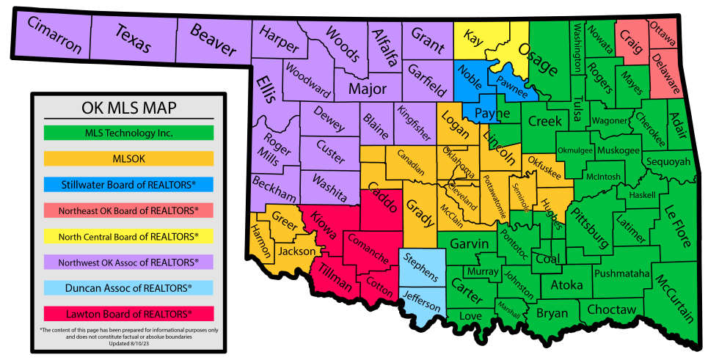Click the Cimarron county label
(55, 35)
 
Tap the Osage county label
(538, 59)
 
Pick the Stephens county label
(421, 268)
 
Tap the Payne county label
(487, 114)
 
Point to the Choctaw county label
(612, 309)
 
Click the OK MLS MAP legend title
(128, 109)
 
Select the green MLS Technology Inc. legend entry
(128, 133)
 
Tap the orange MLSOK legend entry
(128, 158)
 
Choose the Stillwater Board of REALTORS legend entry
(128, 184)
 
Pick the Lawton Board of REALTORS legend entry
(128, 314)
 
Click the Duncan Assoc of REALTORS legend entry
(128, 287)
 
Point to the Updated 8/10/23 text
(128, 343)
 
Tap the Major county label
(367, 89)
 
